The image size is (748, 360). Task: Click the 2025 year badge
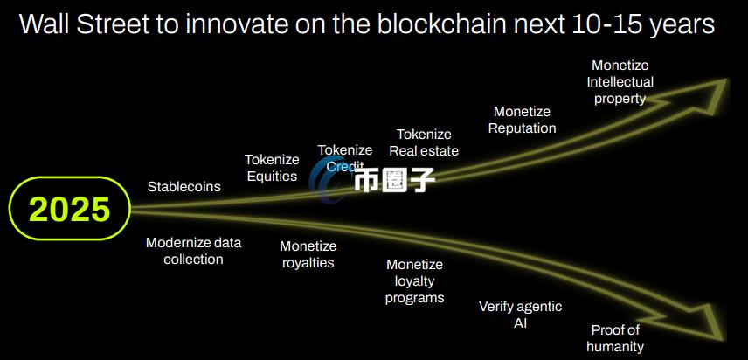(70, 208)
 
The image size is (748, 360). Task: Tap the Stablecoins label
(184, 186)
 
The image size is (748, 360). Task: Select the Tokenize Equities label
(272, 168)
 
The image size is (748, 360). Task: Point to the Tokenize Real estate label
(424, 142)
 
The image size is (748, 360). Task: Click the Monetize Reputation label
(523, 120)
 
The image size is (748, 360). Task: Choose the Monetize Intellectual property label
(620, 82)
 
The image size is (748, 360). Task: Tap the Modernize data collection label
(194, 251)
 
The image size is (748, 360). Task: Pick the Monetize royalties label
(308, 254)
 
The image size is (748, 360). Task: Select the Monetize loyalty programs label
(415, 281)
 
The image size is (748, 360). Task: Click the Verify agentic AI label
(521, 315)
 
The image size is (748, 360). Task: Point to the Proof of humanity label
(615, 338)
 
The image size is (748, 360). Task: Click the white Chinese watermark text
(394, 181)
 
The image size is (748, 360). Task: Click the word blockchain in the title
(441, 24)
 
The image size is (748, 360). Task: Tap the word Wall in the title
(45, 24)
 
